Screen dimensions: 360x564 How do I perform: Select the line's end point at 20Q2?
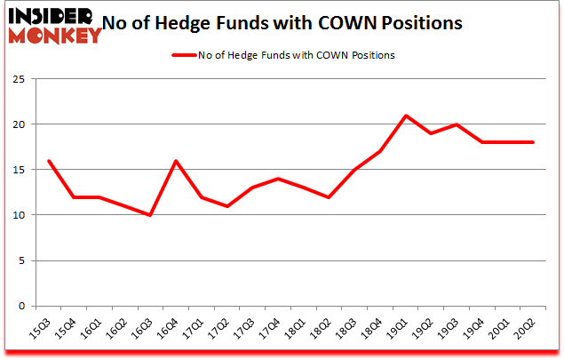pos(533,142)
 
